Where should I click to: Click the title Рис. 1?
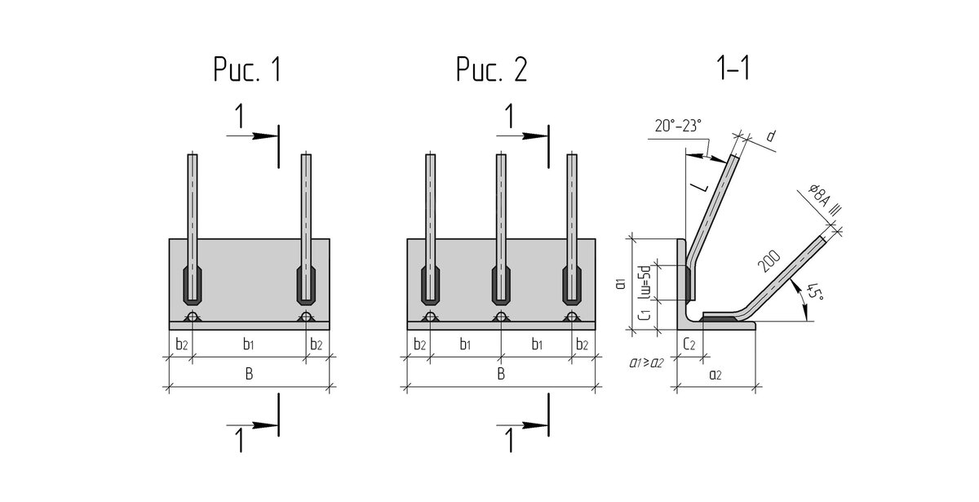pyautogui.click(x=247, y=71)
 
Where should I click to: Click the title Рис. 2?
pyautogui.click(x=491, y=71)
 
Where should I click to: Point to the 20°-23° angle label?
pyautogui.click(x=677, y=126)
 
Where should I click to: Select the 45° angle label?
pyautogui.click(x=813, y=291)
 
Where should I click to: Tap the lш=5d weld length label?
pyautogui.click(x=644, y=282)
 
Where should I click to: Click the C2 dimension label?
pyautogui.click(x=689, y=344)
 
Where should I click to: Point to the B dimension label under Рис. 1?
pyautogui.click(x=250, y=374)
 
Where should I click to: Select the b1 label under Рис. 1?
pyautogui.click(x=250, y=344)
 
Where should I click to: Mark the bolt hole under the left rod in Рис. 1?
pyautogui.click(x=193, y=317)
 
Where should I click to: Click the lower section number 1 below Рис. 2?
pyautogui.click(x=510, y=440)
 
